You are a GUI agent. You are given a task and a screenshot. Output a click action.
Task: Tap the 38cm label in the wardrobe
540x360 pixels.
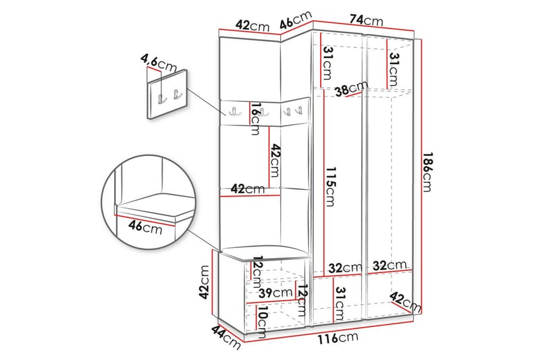coord(350,89)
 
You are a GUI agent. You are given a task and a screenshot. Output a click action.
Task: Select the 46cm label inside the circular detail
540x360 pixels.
coord(147,228)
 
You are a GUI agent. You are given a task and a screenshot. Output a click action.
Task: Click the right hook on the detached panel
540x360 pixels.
coord(178,96)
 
